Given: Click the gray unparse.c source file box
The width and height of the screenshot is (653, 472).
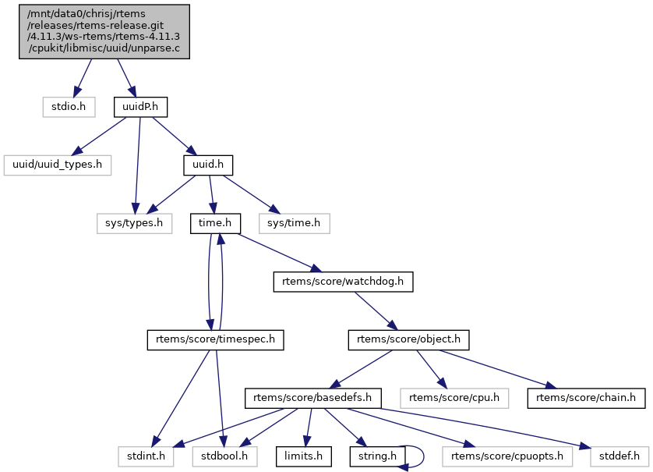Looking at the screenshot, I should click(104, 30).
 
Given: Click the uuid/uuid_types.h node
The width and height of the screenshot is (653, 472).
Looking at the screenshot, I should click(58, 165).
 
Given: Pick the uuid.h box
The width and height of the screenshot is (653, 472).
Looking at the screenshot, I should click(208, 165).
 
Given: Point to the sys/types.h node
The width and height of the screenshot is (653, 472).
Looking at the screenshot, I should click(134, 223).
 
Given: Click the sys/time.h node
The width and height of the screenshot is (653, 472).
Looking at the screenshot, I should click(294, 223).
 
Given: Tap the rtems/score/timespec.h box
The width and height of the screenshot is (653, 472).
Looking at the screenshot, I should click(216, 340).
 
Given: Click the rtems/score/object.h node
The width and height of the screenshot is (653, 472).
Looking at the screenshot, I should click(409, 340).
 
